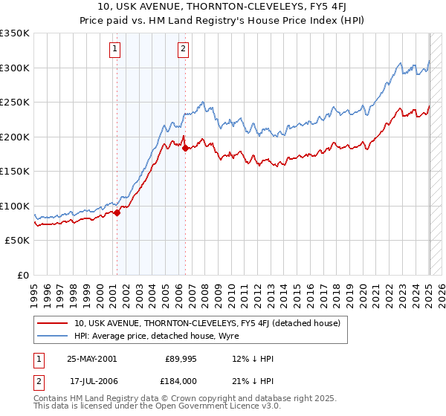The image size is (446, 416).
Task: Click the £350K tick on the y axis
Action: (x=15, y=33)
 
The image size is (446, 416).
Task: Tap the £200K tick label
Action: (x=15, y=137)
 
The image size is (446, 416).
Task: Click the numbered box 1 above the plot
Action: (x=116, y=50)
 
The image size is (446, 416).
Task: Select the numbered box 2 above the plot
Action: (x=183, y=50)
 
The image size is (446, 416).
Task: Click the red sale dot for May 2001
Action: (x=117, y=213)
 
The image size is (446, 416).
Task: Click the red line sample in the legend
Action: (x=52, y=323)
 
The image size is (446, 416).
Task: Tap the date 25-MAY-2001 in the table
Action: (x=91, y=358)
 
